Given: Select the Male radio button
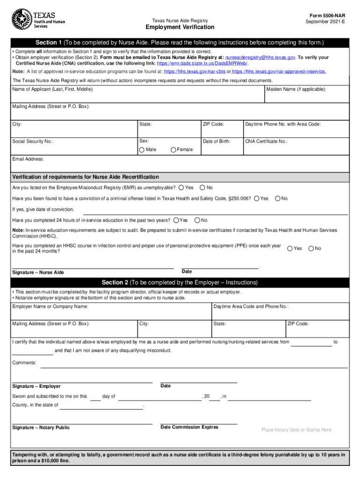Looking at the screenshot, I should pyautogui.click(x=142, y=150).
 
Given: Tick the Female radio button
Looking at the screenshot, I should pyautogui.click(x=173, y=150).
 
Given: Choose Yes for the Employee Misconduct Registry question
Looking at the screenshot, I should pyautogui.click(x=181, y=188).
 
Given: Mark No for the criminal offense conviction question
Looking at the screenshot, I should pyautogui.click(x=278, y=198).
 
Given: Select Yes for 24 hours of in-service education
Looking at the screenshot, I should pyautogui.click(x=176, y=220).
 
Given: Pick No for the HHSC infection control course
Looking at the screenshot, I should pyautogui.click(x=311, y=248).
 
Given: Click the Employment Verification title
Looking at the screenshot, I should pyautogui.click(x=180, y=27).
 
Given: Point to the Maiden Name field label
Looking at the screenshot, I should pyautogui.click(x=296, y=89).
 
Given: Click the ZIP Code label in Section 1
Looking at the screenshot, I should pyautogui.click(x=213, y=124).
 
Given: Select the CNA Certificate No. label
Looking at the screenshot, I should pyautogui.click(x=266, y=141).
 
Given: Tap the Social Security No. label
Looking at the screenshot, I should pyautogui.click(x=33, y=141).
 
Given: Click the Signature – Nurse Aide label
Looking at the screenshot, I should pyautogui.click(x=38, y=272).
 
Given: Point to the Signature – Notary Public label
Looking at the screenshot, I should pyautogui.click(x=41, y=428).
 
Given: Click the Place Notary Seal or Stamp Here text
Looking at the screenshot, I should pyautogui.click(x=296, y=430).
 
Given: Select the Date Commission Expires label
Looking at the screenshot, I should pyautogui.click(x=189, y=427).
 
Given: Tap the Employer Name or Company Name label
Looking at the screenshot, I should pyautogui.click(x=50, y=306).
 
